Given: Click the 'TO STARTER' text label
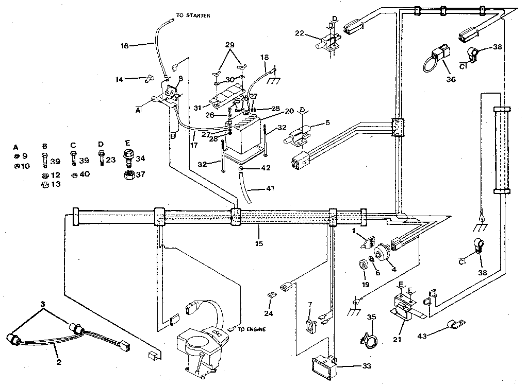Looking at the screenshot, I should pyautogui.click(x=193, y=16).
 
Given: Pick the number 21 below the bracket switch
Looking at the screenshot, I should pyautogui.click(x=398, y=340).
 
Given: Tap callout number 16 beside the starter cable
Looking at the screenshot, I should pyautogui.click(x=124, y=45).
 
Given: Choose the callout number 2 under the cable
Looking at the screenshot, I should pyautogui.click(x=59, y=362).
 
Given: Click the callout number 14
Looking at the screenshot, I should pyautogui.click(x=120, y=79).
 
